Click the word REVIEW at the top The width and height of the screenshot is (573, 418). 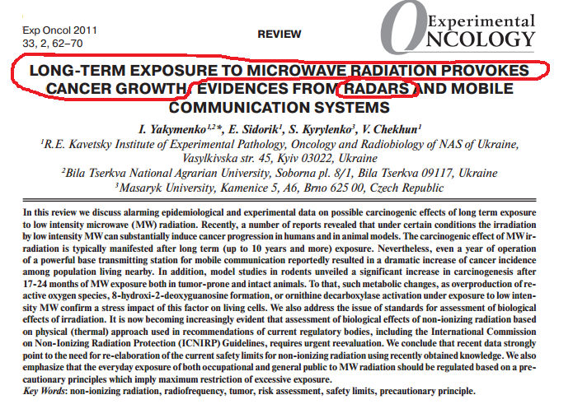(279, 35)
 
